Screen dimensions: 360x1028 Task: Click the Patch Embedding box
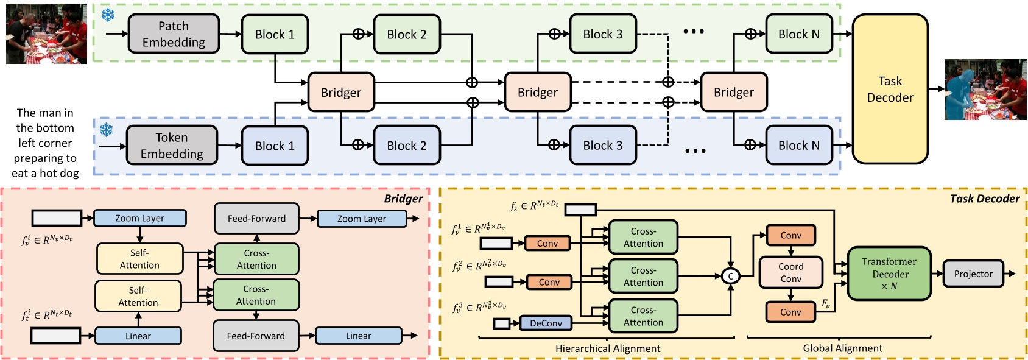[174, 34]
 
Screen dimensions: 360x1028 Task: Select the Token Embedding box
[172, 146]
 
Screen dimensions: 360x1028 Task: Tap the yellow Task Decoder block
[890, 89]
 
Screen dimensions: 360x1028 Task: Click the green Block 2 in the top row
[407, 35]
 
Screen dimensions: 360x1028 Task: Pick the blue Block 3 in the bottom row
[602, 146]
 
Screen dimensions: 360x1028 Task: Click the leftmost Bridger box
[341, 93]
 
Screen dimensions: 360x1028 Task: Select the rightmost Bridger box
[733, 93]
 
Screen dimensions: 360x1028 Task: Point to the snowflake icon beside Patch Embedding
[108, 15]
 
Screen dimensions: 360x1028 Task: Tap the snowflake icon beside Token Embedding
[107, 129]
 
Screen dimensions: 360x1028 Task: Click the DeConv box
[546, 323]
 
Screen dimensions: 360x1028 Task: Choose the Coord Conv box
[790, 272]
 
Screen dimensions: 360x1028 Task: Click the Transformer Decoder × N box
[889, 274]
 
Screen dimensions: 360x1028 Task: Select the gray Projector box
[973, 274]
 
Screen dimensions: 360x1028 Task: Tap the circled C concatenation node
[730, 276]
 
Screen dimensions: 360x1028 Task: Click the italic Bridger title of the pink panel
[403, 199]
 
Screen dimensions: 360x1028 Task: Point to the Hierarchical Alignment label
[607, 348]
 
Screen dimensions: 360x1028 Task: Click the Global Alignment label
[842, 348]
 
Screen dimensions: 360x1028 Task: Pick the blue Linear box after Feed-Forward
[358, 336]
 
